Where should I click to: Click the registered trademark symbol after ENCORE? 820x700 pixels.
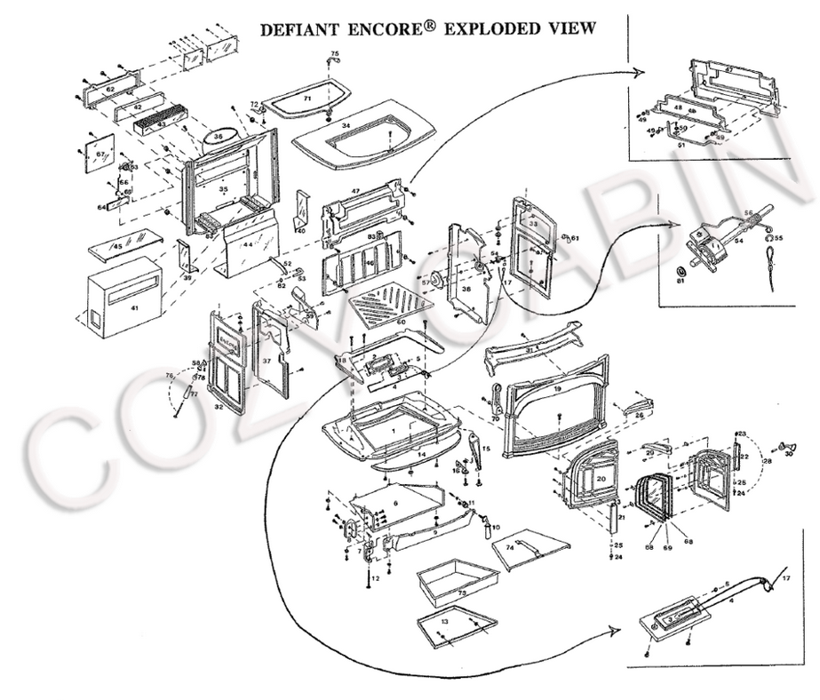[430, 25]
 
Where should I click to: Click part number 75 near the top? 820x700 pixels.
[335, 55]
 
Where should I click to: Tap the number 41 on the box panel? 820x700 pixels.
[135, 306]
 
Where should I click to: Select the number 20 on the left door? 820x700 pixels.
[601, 477]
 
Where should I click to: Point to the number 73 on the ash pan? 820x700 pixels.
[461, 591]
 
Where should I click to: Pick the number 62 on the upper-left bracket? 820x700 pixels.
[109, 89]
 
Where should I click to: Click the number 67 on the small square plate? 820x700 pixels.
[100, 155]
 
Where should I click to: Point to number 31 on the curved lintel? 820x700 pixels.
[530, 350]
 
